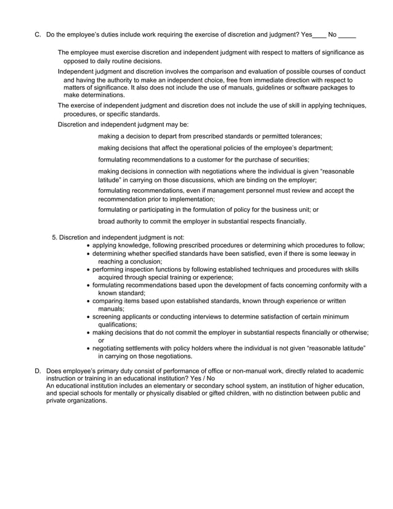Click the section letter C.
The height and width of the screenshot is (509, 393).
coord(38,35)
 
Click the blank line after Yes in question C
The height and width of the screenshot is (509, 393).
coord(320,35)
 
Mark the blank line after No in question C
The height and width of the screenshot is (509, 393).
coord(347,35)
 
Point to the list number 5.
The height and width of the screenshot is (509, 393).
coord(54,237)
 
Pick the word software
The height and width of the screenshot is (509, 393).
coord(285,88)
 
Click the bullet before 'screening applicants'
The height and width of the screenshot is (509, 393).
coord(89,317)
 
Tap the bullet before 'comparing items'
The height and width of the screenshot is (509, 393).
coord(89,301)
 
